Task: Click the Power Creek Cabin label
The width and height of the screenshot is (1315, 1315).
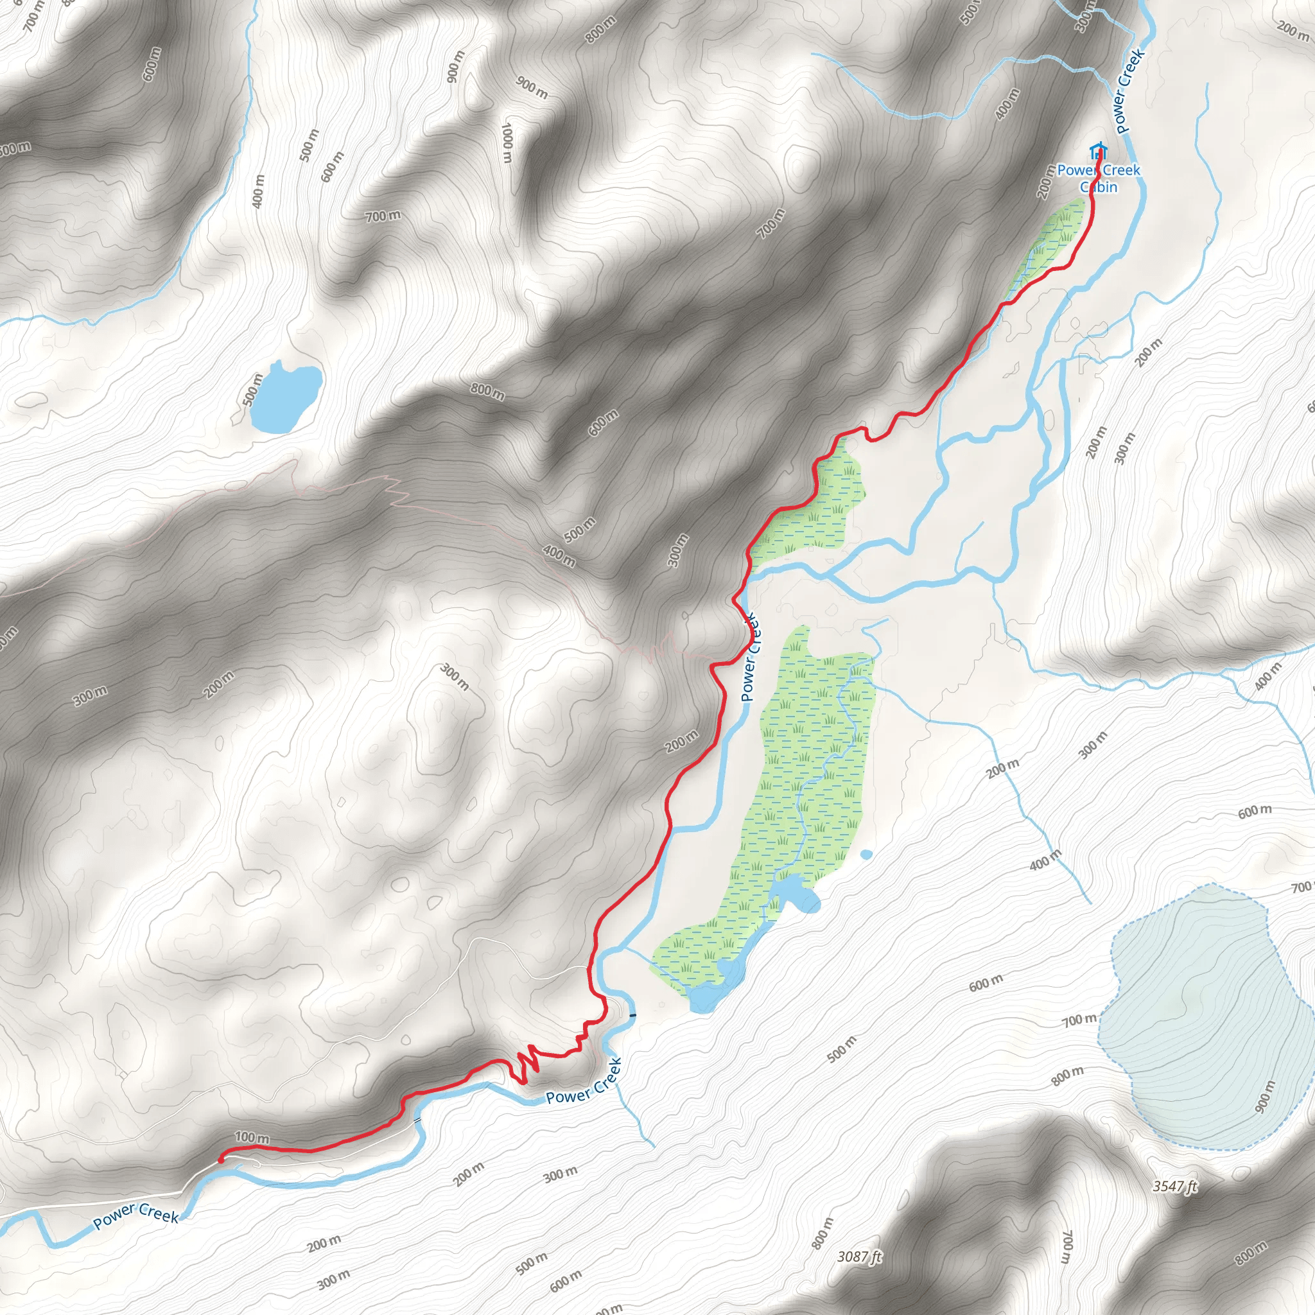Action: click(1098, 179)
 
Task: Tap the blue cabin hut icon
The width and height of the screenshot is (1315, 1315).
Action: click(1097, 150)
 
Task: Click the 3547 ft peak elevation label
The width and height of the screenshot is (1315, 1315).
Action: click(1174, 1187)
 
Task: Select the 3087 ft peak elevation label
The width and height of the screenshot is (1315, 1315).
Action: click(860, 1257)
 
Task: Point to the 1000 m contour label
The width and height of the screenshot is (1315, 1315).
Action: click(507, 143)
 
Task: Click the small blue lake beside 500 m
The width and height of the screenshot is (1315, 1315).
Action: click(284, 399)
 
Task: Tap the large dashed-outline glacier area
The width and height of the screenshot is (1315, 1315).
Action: click(1205, 1021)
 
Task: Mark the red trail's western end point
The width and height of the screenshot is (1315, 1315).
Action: click(220, 1158)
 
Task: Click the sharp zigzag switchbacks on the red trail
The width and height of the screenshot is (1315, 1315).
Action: click(525, 1066)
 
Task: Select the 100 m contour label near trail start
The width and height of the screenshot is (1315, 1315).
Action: click(252, 1137)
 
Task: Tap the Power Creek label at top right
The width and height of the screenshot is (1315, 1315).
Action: click(1131, 91)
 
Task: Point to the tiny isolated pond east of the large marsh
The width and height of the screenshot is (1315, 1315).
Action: click(866, 854)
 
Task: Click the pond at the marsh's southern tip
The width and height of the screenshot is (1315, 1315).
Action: click(708, 998)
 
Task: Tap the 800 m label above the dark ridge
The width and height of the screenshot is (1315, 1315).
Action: click(487, 392)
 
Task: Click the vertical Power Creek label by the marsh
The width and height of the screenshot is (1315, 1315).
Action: click(749, 657)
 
